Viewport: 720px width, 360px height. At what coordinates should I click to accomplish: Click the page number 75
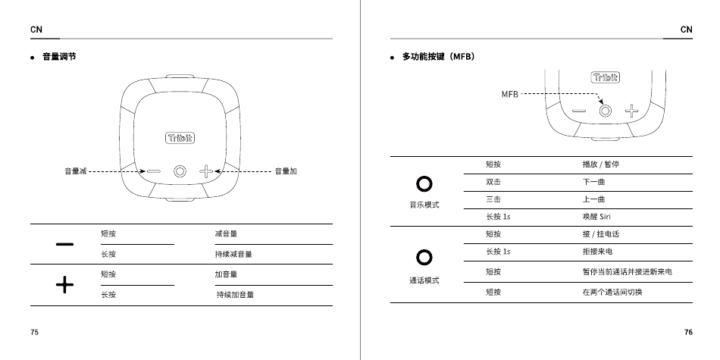[35, 333]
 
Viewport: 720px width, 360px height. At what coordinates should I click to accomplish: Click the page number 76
[687, 333]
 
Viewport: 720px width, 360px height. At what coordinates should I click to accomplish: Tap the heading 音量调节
[58, 57]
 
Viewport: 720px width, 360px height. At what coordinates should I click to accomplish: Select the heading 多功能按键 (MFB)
[437, 57]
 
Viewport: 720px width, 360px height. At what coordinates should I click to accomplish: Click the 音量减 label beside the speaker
[75, 171]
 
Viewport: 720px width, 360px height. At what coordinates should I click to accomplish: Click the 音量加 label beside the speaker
[285, 171]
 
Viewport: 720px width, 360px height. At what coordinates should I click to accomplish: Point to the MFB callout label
[509, 94]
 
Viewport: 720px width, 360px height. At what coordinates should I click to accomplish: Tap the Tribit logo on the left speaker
[180, 138]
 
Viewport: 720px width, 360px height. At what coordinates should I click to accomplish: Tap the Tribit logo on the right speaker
[605, 77]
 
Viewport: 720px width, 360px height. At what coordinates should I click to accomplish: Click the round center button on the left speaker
[180, 171]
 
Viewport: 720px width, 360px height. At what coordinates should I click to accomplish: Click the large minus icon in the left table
[65, 244]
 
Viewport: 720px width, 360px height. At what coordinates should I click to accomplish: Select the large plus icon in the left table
[65, 284]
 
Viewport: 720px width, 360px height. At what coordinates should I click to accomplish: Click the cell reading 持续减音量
[233, 255]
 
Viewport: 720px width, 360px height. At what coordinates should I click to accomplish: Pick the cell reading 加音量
[226, 274]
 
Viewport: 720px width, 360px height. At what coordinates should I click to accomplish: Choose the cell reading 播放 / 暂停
[600, 164]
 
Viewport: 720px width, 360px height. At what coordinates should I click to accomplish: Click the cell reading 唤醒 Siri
[596, 217]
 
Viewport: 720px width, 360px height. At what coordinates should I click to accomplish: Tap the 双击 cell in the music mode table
[493, 182]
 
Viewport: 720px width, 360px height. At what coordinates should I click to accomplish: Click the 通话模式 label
[424, 280]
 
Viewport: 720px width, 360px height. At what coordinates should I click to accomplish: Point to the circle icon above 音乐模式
[424, 184]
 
